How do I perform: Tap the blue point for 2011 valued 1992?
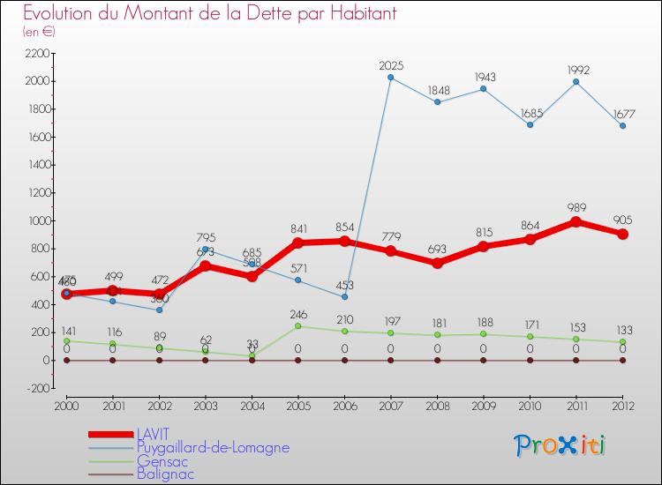(576, 82)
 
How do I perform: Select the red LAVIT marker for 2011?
(576, 222)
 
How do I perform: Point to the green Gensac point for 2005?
(298, 326)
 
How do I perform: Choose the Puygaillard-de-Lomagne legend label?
(213, 447)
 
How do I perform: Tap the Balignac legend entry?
(165, 474)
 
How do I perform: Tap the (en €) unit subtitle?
(40, 32)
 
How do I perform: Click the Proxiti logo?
(560, 445)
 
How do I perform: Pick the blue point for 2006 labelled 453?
(344, 296)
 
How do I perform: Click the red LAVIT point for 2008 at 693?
(437, 263)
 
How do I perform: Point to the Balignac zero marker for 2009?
(484, 360)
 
